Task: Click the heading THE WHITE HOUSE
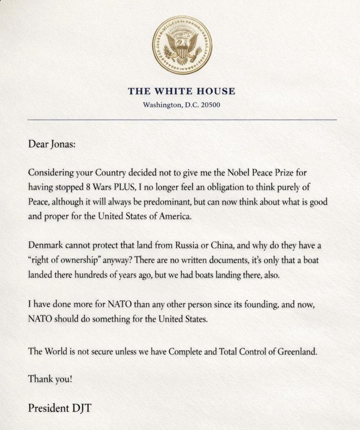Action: pos(182,91)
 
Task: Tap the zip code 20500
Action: pos(211,105)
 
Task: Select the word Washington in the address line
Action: pos(162,105)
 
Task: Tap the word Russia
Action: pos(187,246)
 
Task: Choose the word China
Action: pos(222,246)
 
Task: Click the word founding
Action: pos(261,305)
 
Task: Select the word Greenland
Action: pos(297,352)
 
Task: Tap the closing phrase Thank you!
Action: pos(50,379)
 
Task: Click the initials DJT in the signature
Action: pos(81,408)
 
